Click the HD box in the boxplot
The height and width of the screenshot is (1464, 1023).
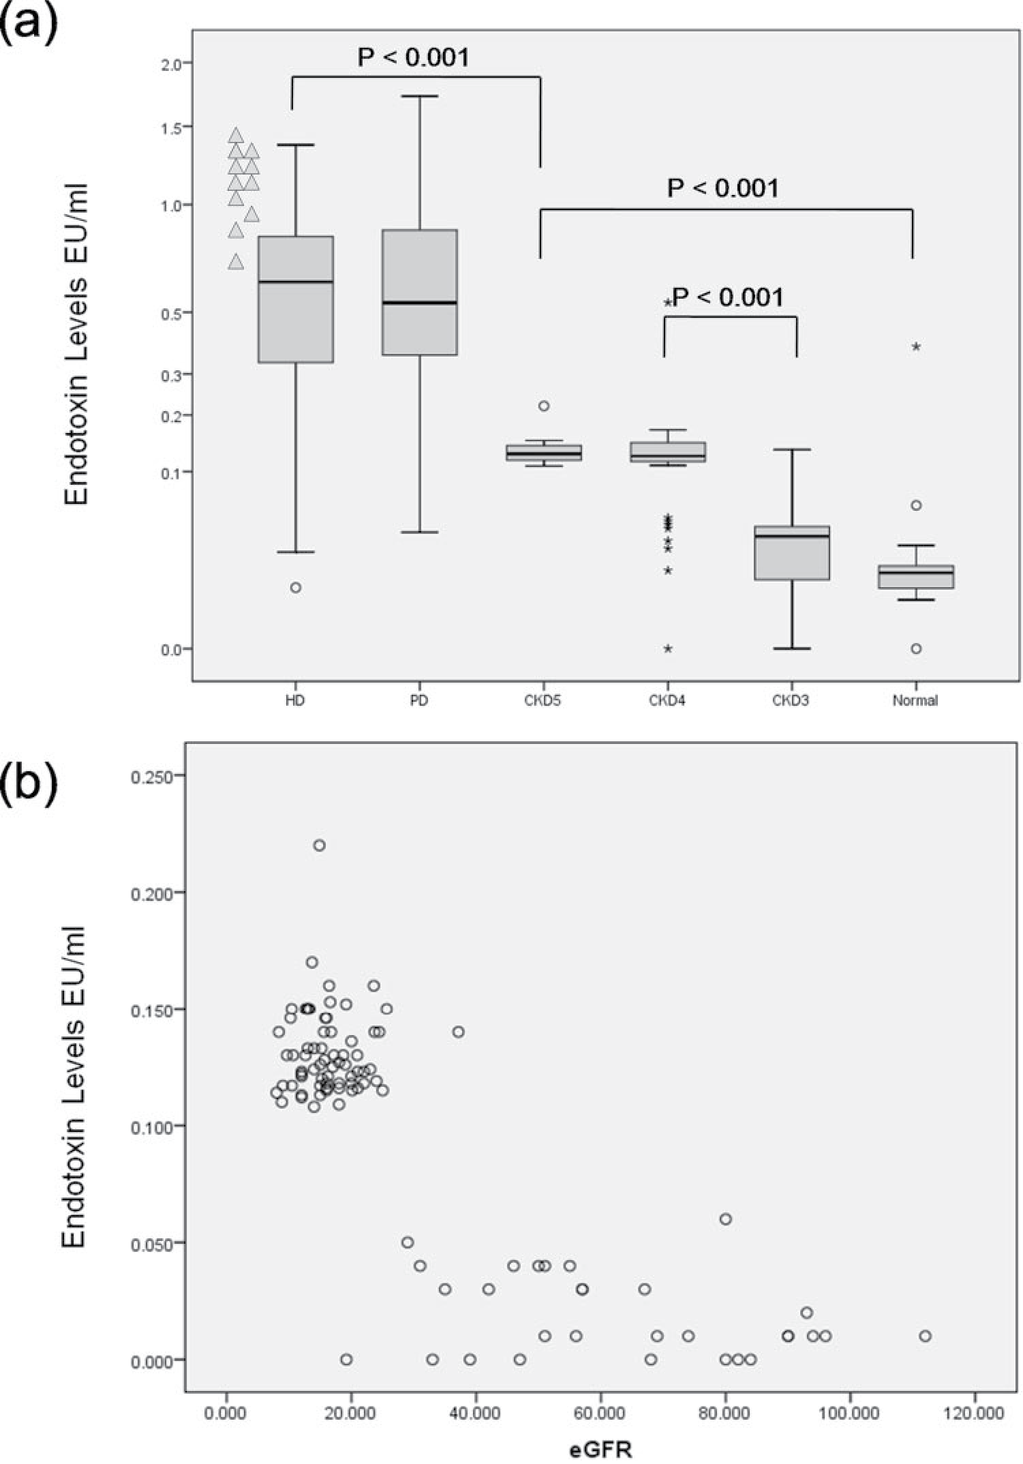click(296, 299)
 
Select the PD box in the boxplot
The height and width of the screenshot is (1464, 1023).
click(419, 293)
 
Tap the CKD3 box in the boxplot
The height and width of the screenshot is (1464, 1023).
click(791, 552)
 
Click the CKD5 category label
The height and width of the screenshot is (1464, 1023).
click(543, 700)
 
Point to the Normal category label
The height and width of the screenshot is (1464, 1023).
click(915, 700)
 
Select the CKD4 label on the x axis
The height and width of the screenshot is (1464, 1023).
click(667, 700)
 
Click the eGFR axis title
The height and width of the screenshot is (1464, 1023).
click(600, 1449)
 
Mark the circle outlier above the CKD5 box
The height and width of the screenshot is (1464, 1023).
click(544, 406)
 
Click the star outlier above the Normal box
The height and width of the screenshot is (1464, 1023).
click(917, 347)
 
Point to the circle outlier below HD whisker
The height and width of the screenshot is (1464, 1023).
click(296, 588)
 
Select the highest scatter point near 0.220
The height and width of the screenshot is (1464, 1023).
click(319, 846)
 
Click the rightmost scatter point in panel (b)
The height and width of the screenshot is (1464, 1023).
click(925, 1336)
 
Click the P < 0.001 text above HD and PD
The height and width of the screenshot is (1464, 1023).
click(414, 57)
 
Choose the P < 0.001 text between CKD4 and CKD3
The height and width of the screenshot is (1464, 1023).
click(728, 297)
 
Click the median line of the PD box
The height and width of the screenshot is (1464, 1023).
click(419, 303)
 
